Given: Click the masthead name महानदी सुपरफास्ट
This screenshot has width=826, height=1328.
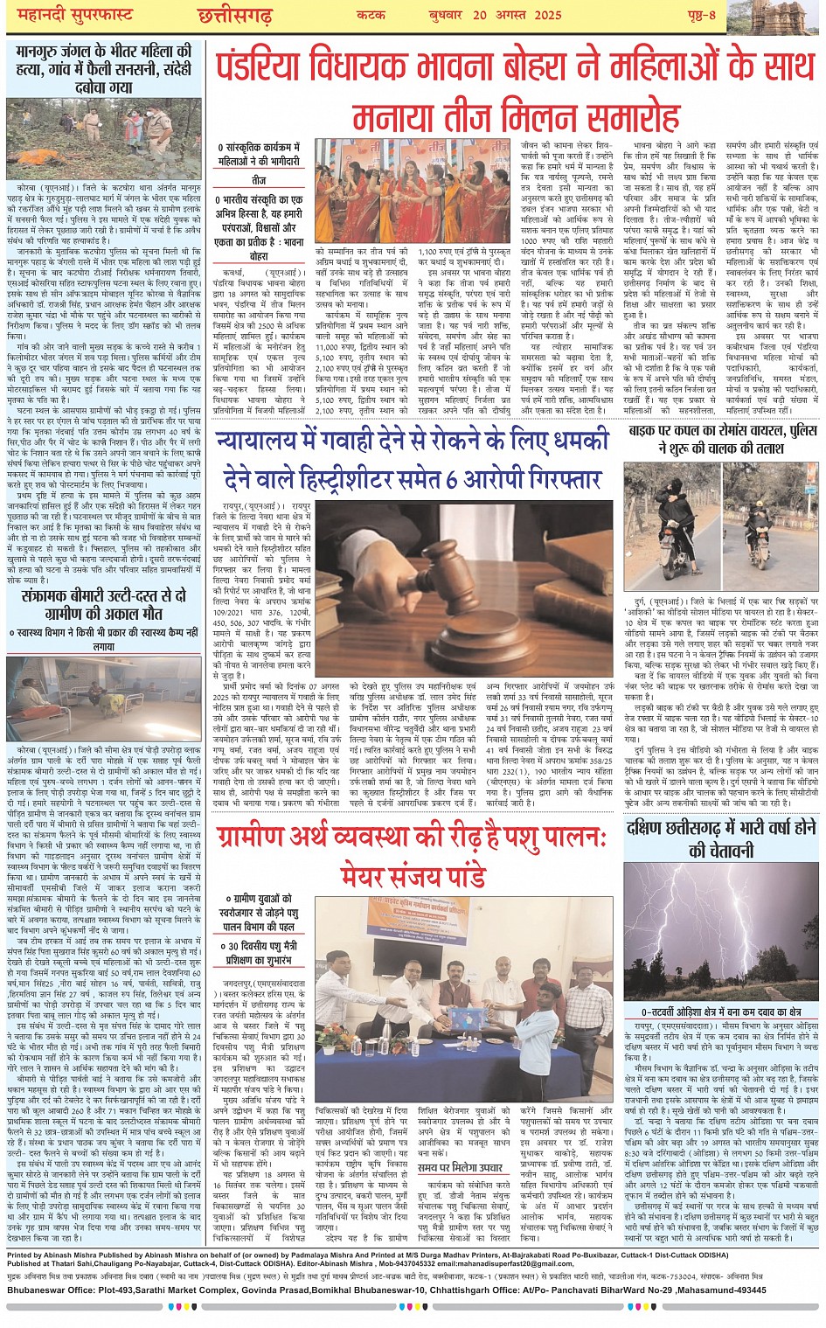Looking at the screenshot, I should coord(70,16).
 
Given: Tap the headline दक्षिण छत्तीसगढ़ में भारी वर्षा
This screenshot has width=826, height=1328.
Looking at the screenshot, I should coord(720,838).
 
